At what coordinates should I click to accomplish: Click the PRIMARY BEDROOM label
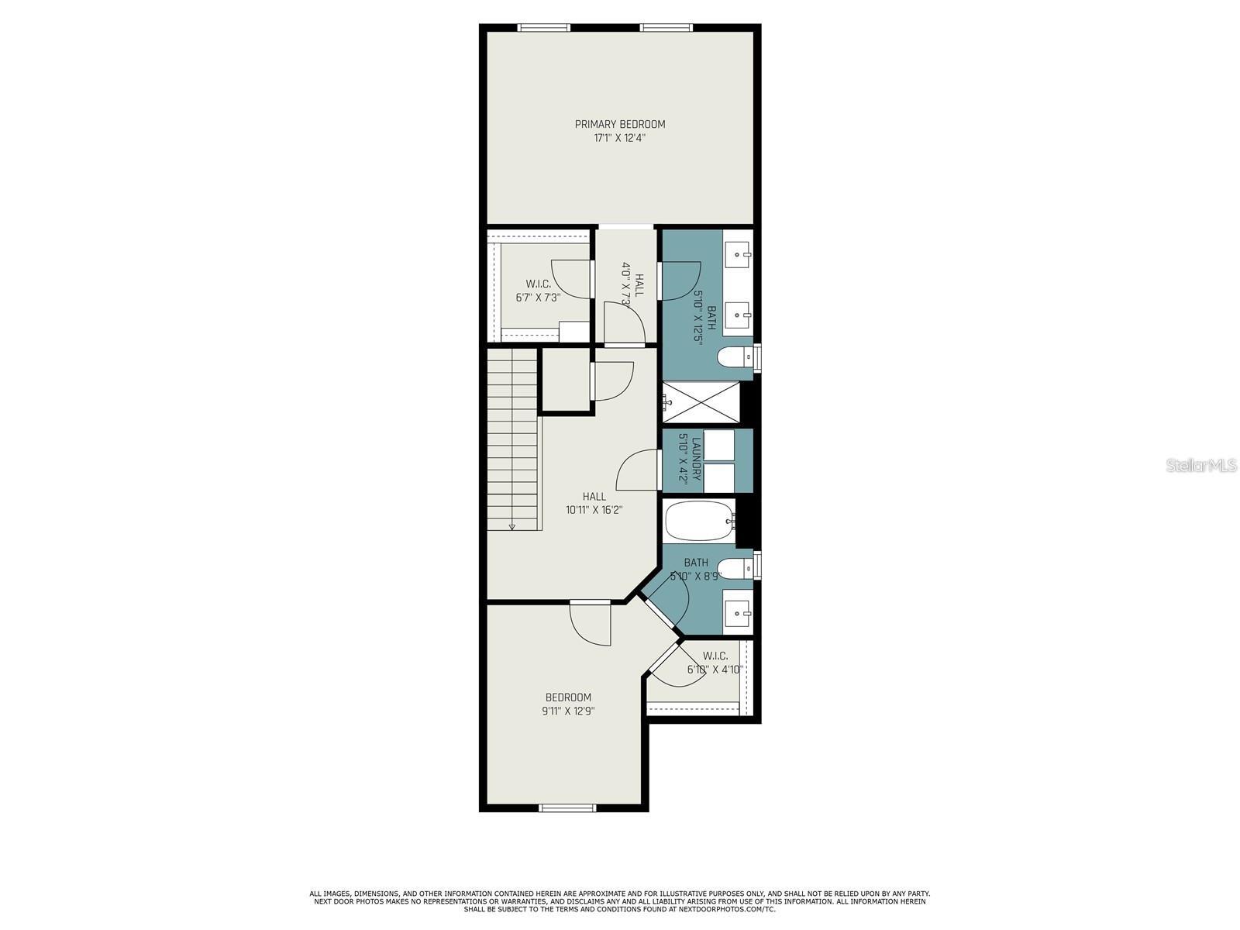pos(619,124)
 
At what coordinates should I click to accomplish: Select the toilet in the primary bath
pos(734,357)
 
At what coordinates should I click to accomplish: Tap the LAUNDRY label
pos(697,459)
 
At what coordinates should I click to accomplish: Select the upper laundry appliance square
pos(718,446)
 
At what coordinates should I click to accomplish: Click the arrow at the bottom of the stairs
pos(512,527)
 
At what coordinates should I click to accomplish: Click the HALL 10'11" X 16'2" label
pos(594,503)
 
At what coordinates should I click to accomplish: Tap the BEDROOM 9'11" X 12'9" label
pos(568,704)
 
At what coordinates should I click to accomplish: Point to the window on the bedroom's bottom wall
pos(567,808)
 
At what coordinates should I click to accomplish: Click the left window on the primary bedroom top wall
pos(544,29)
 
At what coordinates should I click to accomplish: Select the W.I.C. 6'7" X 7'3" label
pos(538,290)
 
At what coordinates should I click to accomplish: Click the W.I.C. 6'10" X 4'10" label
pos(715,663)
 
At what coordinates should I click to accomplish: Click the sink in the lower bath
pos(737,614)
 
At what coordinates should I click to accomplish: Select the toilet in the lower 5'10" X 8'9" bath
pos(734,568)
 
